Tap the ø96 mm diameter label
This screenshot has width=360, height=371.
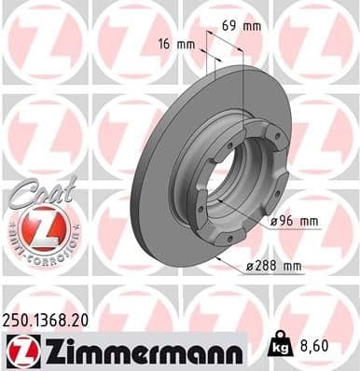[294, 221]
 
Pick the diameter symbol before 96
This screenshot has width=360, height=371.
[274, 221]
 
